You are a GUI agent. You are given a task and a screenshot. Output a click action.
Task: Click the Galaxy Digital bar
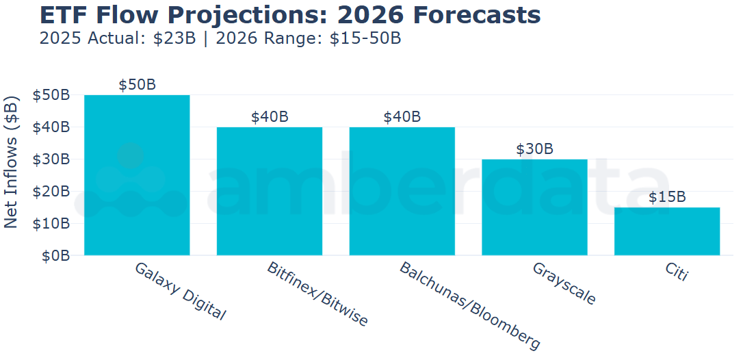(x=137, y=175)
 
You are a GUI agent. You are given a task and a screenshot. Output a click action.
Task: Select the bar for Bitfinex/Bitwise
(x=270, y=191)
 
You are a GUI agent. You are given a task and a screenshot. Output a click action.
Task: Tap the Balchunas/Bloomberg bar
(x=402, y=191)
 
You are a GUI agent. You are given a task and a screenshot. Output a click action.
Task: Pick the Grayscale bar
(x=534, y=207)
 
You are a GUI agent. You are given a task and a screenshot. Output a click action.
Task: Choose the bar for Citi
(x=667, y=231)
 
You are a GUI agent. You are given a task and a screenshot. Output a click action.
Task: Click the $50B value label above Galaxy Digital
(x=137, y=85)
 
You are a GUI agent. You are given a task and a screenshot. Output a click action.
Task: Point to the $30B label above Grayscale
(x=534, y=149)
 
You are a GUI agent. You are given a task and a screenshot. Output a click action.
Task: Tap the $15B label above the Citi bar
(x=667, y=197)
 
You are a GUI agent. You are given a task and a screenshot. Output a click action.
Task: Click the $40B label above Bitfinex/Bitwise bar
(x=270, y=117)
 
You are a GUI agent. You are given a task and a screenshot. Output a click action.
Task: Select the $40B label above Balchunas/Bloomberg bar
(x=402, y=117)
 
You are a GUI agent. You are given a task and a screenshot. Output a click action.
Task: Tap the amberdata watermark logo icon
(x=130, y=181)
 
